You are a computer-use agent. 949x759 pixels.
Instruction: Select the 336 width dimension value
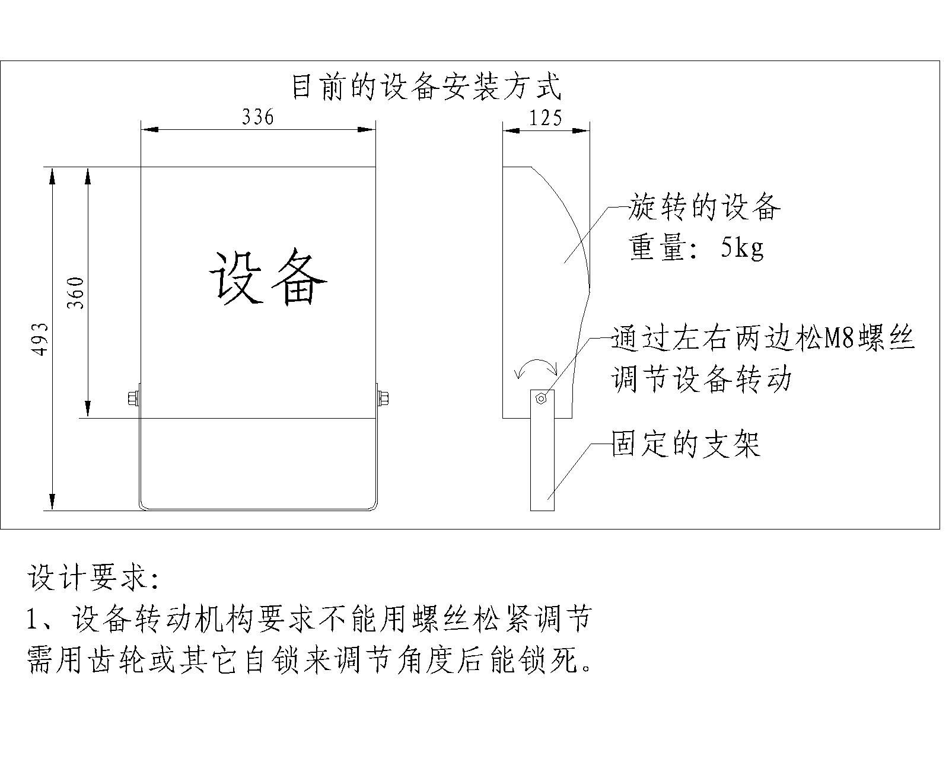tap(258, 117)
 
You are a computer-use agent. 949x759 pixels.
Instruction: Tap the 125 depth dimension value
tap(545, 118)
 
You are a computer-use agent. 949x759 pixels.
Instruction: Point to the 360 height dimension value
tap(75, 293)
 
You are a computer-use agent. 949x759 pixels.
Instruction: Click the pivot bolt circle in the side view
tap(541, 399)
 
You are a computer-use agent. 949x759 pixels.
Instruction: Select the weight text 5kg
tap(741, 248)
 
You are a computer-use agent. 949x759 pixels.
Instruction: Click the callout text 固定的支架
tap(686, 444)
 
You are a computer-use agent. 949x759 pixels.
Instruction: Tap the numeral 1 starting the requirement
tap(33, 620)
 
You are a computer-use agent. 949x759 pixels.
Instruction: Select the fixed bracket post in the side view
tap(542, 463)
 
